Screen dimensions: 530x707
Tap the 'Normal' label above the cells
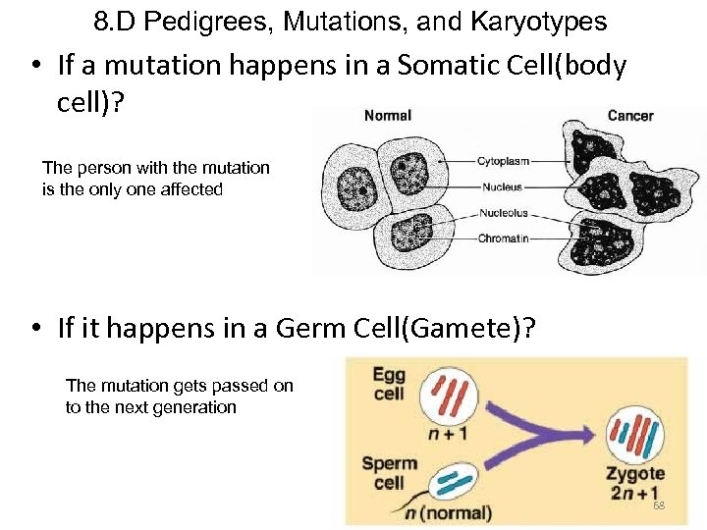(x=388, y=116)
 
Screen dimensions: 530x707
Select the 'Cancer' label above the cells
(x=630, y=116)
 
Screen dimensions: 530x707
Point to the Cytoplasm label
(x=503, y=161)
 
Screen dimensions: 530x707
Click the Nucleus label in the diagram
(x=501, y=186)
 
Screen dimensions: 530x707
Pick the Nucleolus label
(x=503, y=212)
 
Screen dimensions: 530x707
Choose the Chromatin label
(x=503, y=238)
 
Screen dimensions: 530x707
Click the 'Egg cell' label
(x=389, y=383)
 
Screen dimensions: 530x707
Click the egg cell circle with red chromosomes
(x=448, y=399)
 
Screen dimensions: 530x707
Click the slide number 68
(x=659, y=504)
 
